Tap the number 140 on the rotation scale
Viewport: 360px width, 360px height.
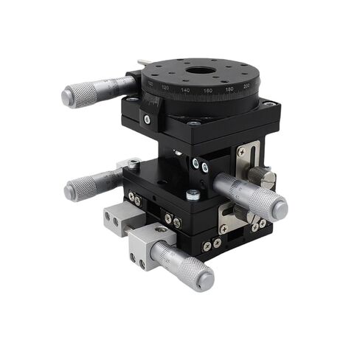pos(184,90)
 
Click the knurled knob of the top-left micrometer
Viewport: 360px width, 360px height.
pos(83,94)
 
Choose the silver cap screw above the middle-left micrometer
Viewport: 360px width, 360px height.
pos(134,163)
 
